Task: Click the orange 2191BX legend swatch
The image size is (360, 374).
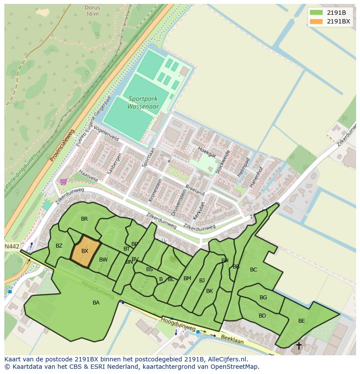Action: pos(316,21)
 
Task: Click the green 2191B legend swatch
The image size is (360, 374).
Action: pos(316,13)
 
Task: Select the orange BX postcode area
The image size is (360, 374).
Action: pos(85,251)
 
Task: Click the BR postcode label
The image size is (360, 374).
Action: pos(84,219)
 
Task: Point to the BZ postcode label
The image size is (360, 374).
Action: pos(59,246)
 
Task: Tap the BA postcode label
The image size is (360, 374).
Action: pos(96,303)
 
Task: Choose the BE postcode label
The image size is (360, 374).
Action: pos(301,321)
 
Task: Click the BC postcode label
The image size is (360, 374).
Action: pos(253,270)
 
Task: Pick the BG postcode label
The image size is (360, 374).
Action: pos(263,298)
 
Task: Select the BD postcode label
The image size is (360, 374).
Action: pos(262,316)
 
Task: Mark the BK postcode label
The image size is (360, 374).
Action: pos(210,291)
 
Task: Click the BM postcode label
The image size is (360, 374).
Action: pos(187,278)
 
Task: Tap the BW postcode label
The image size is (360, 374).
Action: pos(103,260)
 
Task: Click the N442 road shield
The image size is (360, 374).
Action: pos(12,246)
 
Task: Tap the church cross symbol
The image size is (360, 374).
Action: pos(299,346)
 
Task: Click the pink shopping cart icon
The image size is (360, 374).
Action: pos(63,182)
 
